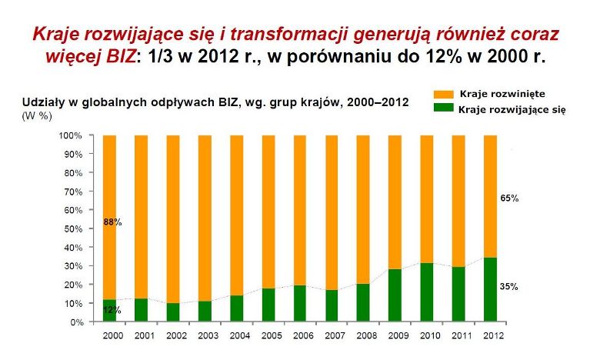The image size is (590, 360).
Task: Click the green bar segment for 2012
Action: (x=490, y=290)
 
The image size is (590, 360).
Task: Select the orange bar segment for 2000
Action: (x=109, y=218)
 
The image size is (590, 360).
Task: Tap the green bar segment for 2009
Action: (x=395, y=295)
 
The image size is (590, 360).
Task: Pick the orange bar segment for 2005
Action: (x=268, y=212)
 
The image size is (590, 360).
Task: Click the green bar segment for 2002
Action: (x=173, y=312)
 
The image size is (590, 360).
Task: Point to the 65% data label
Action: (x=509, y=198)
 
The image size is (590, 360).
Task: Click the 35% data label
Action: (x=508, y=287)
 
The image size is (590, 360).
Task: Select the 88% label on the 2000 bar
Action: (x=112, y=222)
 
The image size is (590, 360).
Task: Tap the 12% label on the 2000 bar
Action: (x=112, y=310)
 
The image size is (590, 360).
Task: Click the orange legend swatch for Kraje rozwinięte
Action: (x=444, y=94)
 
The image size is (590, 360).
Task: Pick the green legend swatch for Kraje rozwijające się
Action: (x=444, y=108)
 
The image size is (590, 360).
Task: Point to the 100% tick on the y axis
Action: (x=70, y=135)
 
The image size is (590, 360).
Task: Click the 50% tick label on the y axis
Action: (x=72, y=228)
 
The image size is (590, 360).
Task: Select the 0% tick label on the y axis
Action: (x=76, y=322)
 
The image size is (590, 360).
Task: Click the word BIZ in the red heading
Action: (x=121, y=56)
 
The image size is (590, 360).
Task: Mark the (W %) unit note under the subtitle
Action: (x=37, y=116)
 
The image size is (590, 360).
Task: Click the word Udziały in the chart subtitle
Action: (x=42, y=103)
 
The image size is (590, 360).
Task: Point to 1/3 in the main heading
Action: (x=158, y=56)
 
